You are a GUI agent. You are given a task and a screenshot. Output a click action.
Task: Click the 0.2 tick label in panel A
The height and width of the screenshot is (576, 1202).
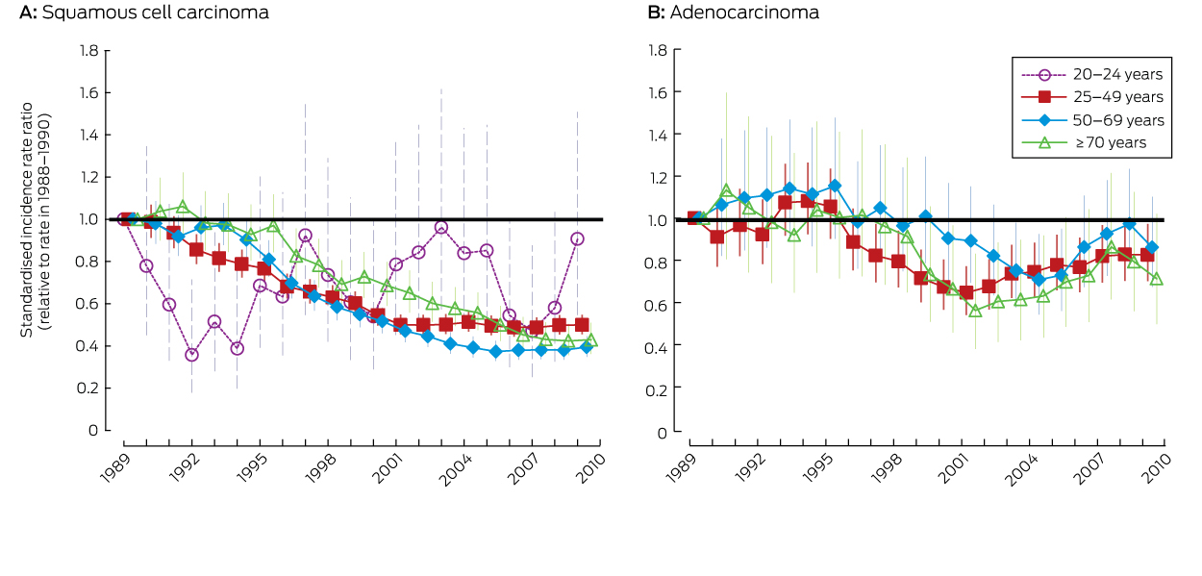point(88,388)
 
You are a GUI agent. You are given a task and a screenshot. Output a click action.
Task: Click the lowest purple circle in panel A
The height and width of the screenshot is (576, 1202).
point(191,355)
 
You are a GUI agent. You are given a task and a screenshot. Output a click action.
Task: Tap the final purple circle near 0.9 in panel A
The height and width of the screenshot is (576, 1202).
point(577,238)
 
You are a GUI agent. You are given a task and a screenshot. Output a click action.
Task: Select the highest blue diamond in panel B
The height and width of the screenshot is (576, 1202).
point(834,186)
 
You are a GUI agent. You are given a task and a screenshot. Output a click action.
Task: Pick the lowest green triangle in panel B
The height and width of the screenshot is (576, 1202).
point(975,311)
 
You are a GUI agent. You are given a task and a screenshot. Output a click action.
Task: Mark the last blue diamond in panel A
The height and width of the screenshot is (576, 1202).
point(586,347)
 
